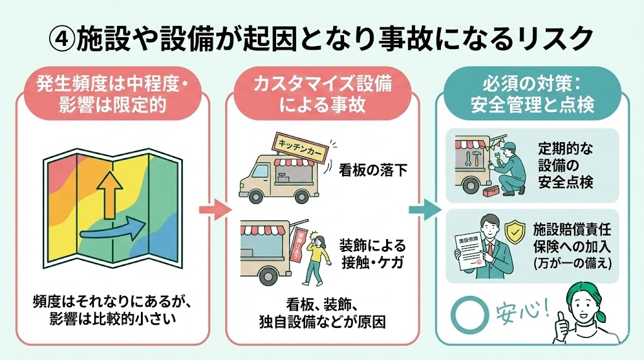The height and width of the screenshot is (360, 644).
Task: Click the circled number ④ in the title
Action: (62, 39)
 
